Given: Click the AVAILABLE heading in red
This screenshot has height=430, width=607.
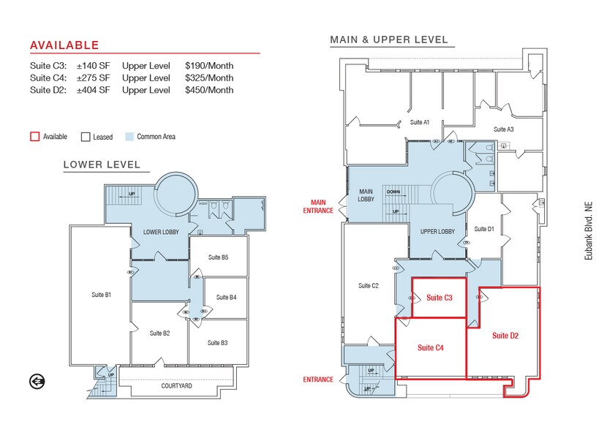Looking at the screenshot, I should point(64,45).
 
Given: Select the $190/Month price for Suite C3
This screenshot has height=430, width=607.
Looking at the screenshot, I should point(209,65).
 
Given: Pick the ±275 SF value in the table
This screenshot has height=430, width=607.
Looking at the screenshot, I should point(93,78).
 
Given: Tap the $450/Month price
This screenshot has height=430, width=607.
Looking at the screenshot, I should point(209,90).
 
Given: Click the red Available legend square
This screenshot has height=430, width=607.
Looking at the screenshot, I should point(34,137).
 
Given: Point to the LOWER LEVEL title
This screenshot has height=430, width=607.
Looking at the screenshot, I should point(102,165).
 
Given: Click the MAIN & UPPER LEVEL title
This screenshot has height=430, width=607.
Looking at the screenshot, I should point(389,39).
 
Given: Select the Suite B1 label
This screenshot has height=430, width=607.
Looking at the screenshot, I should point(101,295).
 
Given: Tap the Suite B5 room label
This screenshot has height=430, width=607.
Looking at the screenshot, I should point(218,257).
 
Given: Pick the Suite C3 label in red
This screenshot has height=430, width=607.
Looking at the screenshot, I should point(440,298).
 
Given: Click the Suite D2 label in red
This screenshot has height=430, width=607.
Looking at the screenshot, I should point(505,336).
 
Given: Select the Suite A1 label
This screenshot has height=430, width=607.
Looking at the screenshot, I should point(420,122).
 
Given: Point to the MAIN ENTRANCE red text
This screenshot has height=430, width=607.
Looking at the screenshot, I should point(318,207).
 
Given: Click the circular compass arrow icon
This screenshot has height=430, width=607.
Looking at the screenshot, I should point(37,381).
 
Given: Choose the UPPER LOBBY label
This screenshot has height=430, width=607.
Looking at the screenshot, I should point(437,232).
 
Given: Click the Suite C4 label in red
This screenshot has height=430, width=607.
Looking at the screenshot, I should point(430,348).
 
